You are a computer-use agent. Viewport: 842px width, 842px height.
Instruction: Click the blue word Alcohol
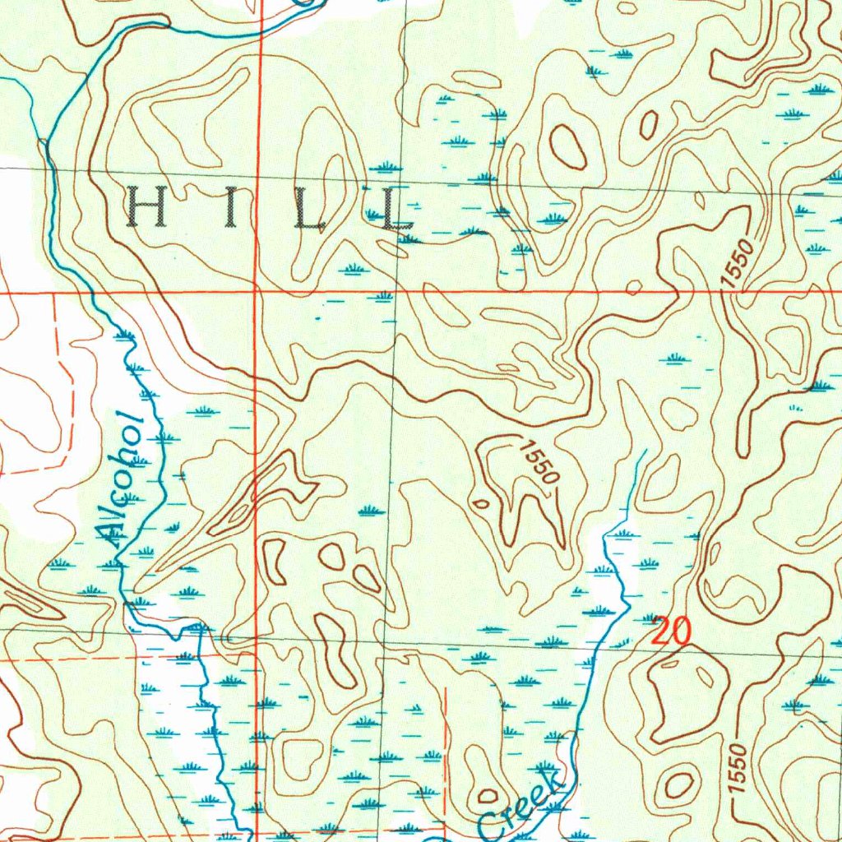(x=121, y=477)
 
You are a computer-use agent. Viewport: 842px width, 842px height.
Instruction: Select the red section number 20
(x=671, y=631)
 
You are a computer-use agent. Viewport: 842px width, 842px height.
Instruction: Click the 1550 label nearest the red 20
(x=737, y=769)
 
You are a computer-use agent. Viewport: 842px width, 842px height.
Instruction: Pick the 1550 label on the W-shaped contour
(x=539, y=462)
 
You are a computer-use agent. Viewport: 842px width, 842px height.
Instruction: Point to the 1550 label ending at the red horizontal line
(x=738, y=263)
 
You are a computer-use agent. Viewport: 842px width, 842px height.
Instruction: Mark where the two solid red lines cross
(x=258, y=292)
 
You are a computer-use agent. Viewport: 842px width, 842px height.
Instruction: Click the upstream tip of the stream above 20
(x=645, y=451)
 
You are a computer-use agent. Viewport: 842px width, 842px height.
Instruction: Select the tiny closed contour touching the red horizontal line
(x=633, y=287)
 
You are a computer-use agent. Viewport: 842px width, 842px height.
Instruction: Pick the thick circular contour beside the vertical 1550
(x=679, y=784)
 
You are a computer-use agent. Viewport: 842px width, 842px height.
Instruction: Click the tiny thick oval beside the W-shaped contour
(x=480, y=503)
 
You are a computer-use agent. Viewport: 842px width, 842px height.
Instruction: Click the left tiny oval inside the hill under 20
(x=670, y=664)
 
